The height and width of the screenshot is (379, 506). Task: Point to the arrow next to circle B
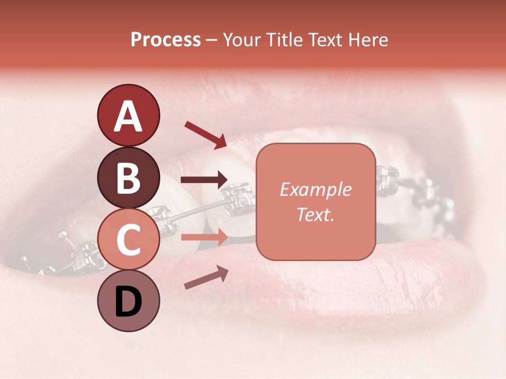click(205, 180)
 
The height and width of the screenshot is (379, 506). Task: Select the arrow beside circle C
click(205, 238)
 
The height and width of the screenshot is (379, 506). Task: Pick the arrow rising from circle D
click(206, 277)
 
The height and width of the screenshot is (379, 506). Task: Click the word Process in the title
click(166, 40)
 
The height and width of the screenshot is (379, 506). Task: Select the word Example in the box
click(315, 189)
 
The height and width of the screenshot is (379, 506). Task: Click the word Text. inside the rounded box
click(315, 214)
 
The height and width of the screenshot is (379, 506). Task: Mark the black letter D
click(128, 302)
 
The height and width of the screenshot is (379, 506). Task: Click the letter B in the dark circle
click(128, 177)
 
